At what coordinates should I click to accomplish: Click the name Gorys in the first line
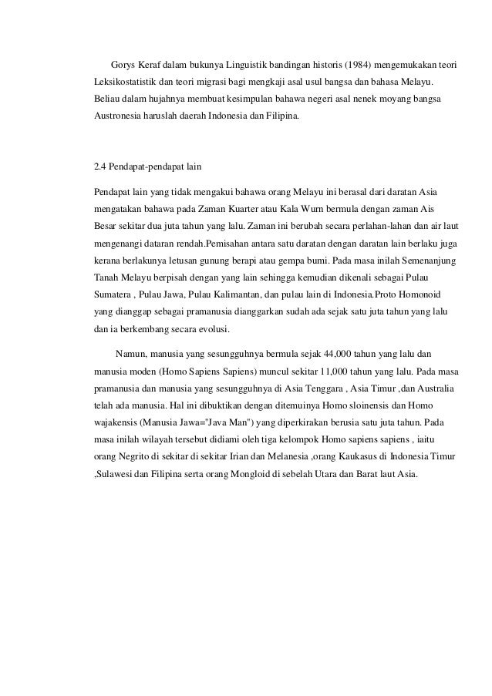[124, 61]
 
